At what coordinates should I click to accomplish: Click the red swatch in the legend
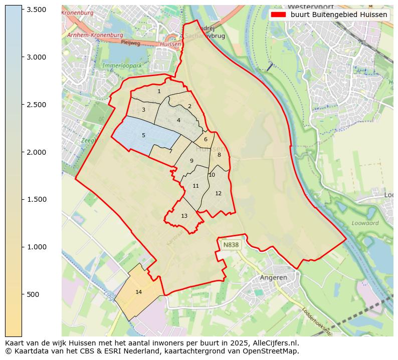tap(278, 15)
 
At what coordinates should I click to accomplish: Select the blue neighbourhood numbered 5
tap(143, 135)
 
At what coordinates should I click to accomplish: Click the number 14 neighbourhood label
tap(139, 292)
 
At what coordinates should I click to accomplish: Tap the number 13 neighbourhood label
tap(184, 216)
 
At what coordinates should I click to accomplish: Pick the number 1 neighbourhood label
tap(159, 91)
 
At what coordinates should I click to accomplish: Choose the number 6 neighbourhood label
tap(206, 139)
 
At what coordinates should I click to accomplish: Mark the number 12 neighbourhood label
tap(218, 193)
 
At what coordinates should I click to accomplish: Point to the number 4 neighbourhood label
tap(178, 120)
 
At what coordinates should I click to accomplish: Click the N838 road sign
tap(231, 245)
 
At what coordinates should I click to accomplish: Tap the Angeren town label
tap(274, 277)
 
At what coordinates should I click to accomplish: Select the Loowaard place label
tap(365, 223)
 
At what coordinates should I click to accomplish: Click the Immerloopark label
tap(122, 66)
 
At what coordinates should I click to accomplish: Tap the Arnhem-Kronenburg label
tap(95, 35)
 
